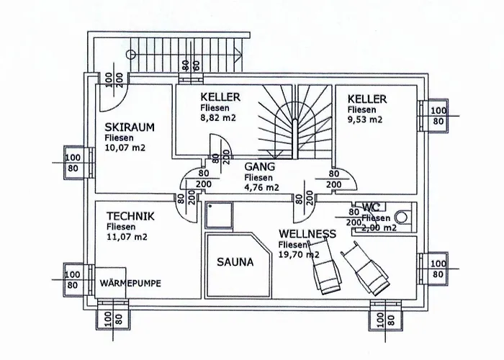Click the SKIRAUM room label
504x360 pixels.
point(130,127)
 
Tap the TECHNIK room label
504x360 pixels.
point(130,215)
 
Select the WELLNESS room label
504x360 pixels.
point(307,234)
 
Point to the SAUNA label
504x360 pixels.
point(235,263)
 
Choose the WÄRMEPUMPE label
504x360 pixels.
point(131,282)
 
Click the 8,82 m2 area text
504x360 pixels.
point(218,118)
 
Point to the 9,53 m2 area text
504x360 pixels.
point(365,120)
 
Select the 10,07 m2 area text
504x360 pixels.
point(127,148)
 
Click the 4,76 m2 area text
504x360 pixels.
point(262,187)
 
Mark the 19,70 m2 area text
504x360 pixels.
point(299,254)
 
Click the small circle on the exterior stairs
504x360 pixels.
point(131,54)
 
